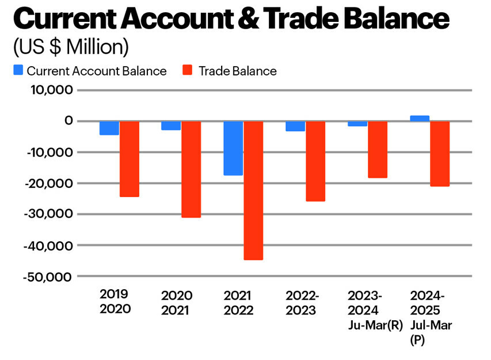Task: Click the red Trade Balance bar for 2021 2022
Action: coord(253,190)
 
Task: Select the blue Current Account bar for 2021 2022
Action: coord(233,148)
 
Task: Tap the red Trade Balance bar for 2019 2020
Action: coord(129,159)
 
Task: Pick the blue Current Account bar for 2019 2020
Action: coord(109,128)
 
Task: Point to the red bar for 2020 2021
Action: coord(191,169)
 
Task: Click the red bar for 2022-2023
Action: coord(315,161)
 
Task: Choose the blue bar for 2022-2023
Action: coord(295,126)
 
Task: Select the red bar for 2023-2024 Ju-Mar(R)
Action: coord(378,150)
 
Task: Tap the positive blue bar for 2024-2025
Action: coord(420,118)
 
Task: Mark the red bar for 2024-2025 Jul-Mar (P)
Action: coord(440,154)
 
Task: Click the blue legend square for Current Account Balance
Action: coord(18,71)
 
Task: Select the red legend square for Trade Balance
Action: coord(186,71)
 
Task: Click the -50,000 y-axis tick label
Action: coord(48,276)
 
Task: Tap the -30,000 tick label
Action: coord(48,214)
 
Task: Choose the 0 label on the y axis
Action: coord(68,121)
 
